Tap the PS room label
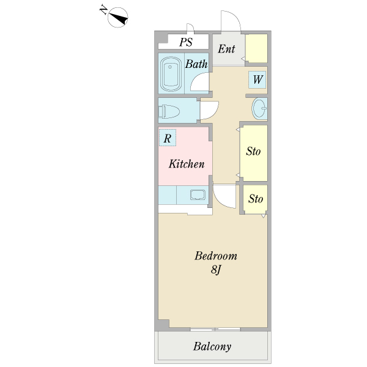(x=186, y=42)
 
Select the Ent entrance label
(x=226, y=48)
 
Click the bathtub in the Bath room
(x=171, y=75)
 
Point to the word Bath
(x=196, y=64)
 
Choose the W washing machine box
(x=258, y=80)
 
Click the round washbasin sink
(x=259, y=109)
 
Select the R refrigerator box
(x=167, y=138)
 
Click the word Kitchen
(x=186, y=164)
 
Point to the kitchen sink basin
(x=198, y=195)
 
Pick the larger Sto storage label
(x=253, y=151)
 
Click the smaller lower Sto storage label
(x=256, y=199)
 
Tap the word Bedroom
(x=215, y=256)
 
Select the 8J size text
(x=215, y=270)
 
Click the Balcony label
(x=212, y=347)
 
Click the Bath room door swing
(x=200, y=83)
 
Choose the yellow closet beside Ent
(x=257, y=48)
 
